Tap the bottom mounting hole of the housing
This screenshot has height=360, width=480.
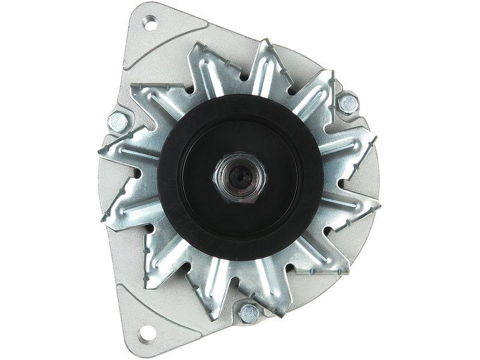click(145, 331)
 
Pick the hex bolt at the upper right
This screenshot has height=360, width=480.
click(347, 104)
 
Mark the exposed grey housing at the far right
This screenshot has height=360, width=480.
click(375, 180)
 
